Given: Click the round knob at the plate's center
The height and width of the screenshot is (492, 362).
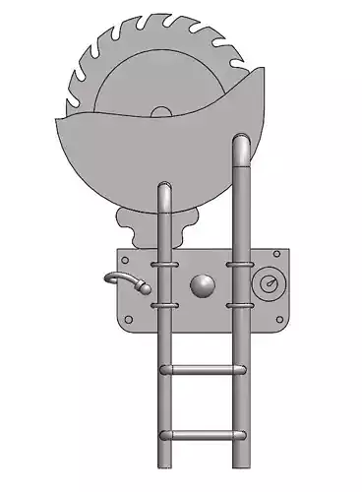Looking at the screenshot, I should point(202,286).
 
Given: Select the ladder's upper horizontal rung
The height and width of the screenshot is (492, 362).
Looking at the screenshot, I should point(202,369).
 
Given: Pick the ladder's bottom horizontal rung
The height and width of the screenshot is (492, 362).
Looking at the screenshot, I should point(202,435).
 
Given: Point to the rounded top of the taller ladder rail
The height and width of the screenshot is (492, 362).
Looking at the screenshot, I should point(241,144).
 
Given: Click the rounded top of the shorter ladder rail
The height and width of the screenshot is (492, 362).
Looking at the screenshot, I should point(165,187).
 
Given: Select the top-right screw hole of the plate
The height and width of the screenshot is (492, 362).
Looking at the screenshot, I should point(277,255).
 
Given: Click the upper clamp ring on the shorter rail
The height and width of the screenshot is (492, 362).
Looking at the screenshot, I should point(165,264).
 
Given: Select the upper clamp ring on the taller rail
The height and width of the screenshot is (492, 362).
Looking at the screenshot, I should point(241,264).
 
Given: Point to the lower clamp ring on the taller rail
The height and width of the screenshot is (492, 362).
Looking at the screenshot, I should point(241,306).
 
